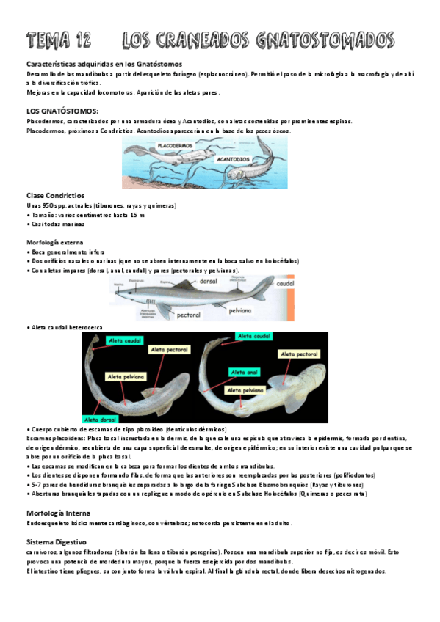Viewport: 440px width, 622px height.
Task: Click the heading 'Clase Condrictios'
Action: [x=56, y=196]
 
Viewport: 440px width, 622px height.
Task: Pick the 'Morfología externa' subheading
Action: [x=54, y=242]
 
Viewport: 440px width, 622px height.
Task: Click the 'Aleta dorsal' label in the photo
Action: [x=99, y=419]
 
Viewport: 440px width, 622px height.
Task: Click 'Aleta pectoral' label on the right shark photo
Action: [x=297, y=354]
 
